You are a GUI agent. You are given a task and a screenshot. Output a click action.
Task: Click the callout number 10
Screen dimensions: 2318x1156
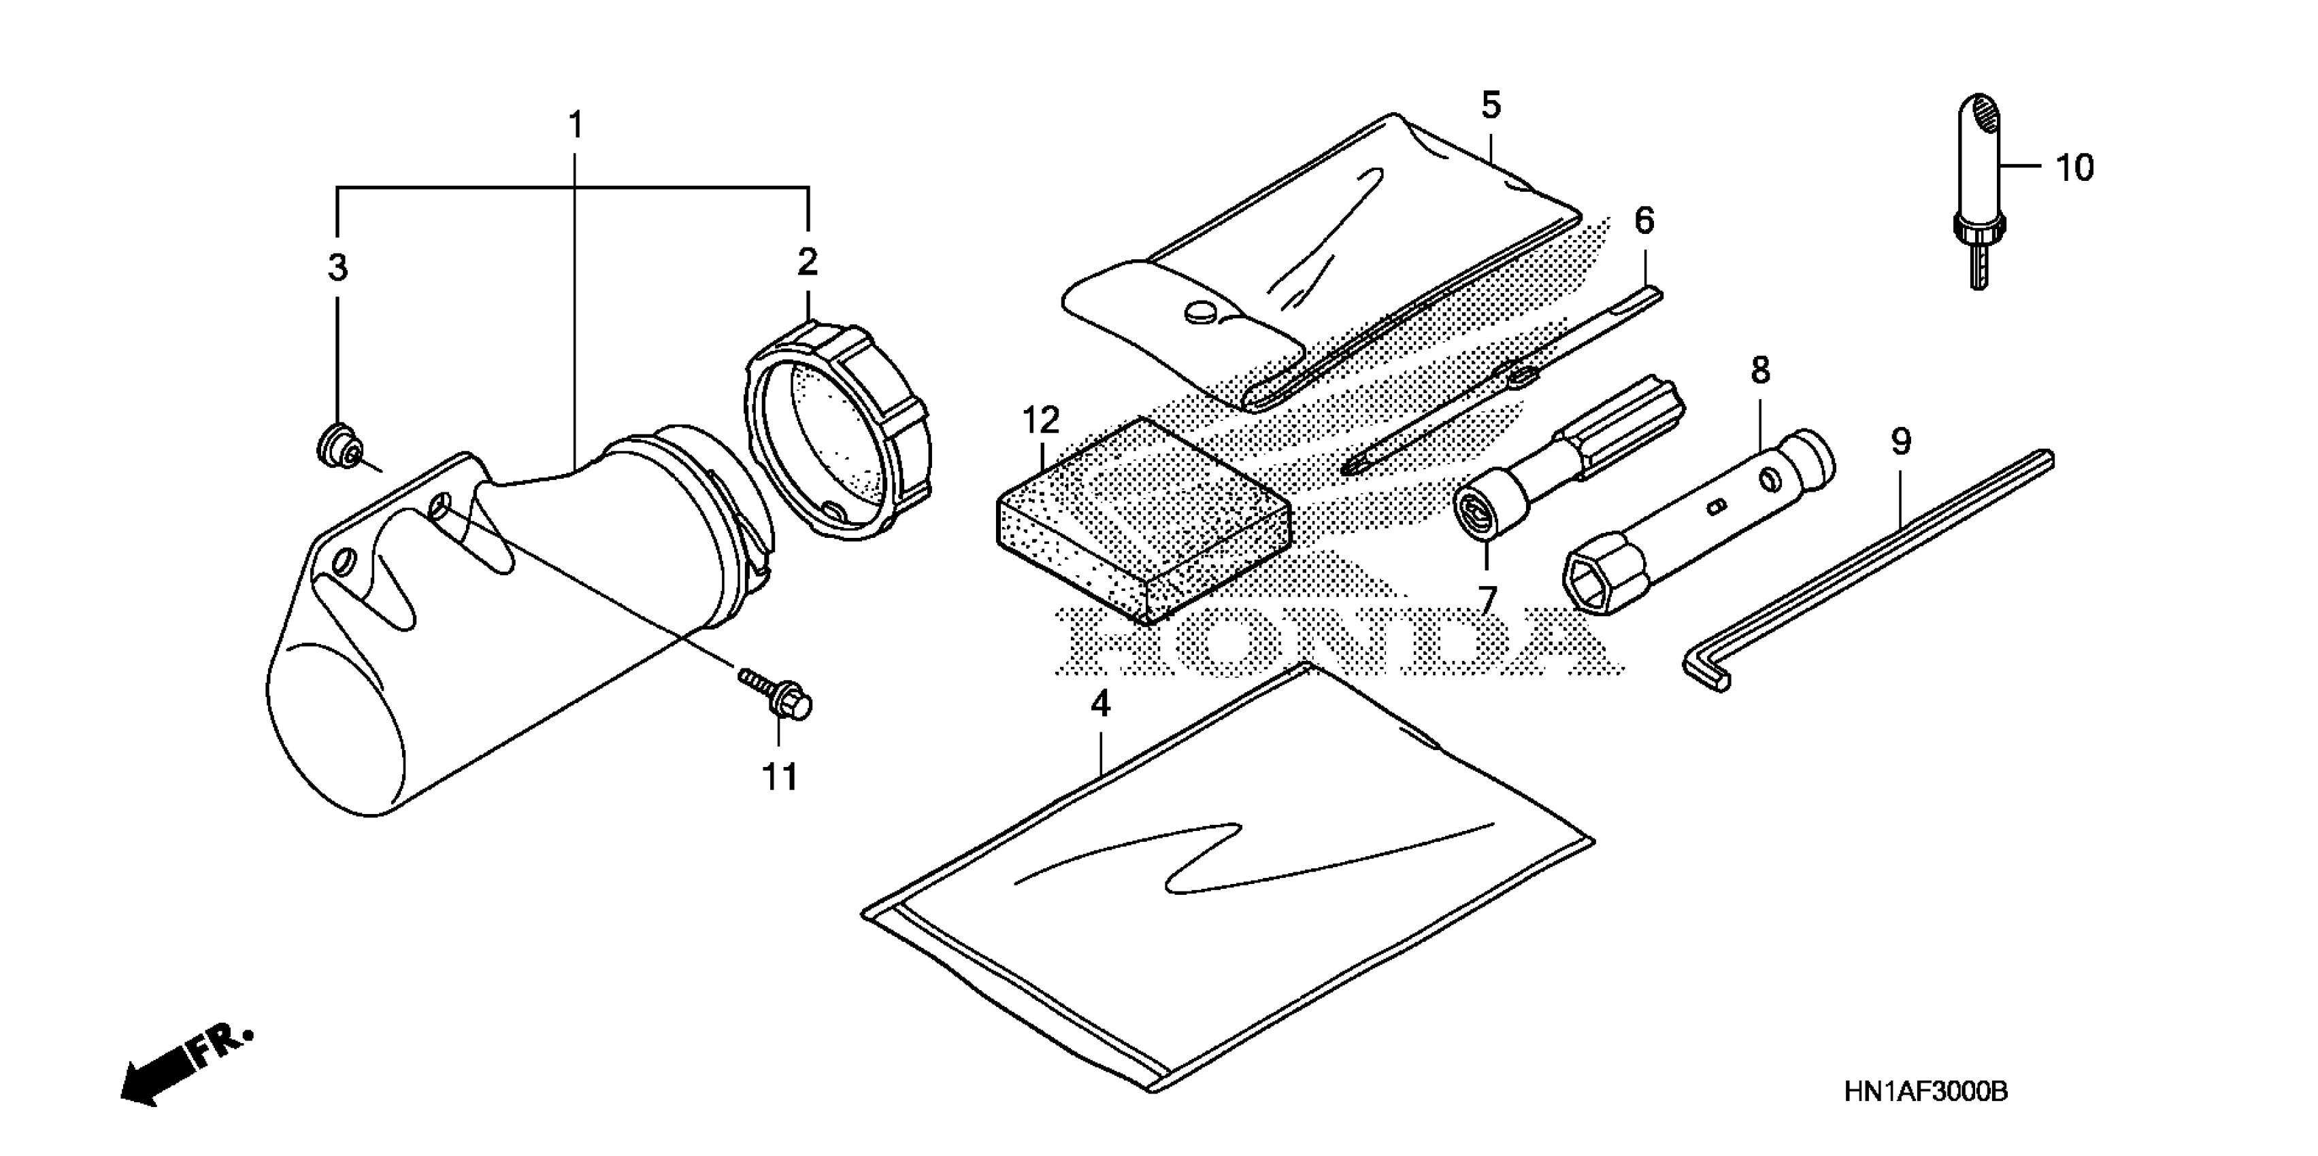click(2074, 168)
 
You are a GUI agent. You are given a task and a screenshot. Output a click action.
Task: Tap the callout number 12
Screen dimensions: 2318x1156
click(1041, 420)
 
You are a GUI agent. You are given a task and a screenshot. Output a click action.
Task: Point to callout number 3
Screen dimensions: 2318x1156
click(337, 267)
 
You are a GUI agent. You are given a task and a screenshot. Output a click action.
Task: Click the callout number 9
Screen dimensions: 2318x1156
click(1900, 442)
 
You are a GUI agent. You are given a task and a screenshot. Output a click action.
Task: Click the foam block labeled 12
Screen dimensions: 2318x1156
click(1143, 522)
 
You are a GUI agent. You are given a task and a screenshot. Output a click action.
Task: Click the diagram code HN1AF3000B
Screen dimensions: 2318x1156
click(1925, 1091)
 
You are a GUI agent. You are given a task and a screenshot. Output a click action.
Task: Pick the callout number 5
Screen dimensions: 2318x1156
click(1491, 106)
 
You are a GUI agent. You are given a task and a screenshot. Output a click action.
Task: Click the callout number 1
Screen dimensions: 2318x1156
click(576, 125)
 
